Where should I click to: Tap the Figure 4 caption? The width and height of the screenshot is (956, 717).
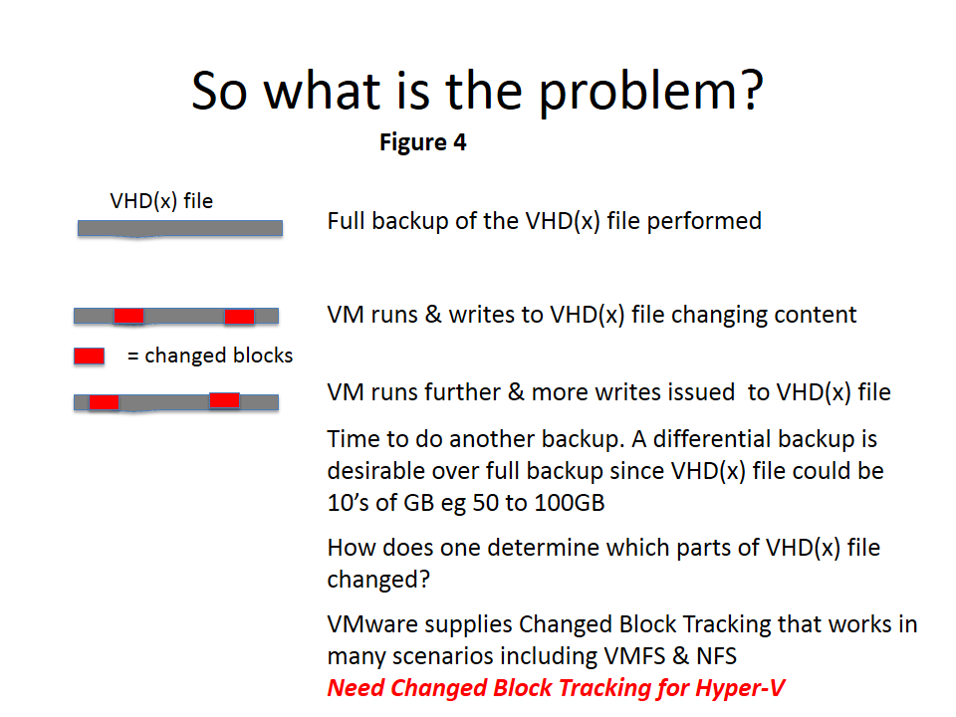[x=422, y=142]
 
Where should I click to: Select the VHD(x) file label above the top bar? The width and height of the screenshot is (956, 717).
[x=161, y=200]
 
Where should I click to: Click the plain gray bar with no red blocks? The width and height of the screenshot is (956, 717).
[x=180, y=229]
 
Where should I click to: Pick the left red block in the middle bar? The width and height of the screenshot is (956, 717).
[x=128, y=316]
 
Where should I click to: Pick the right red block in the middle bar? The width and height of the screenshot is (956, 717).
[x=239, y=317]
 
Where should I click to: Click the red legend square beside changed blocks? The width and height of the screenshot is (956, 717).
[x=89, y=357]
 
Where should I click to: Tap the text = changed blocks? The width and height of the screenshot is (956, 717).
[x=210, y=356]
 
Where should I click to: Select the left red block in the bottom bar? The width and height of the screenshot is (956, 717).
[x=104, y=402]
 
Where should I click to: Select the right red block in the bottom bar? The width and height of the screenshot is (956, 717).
[x=224, y=400]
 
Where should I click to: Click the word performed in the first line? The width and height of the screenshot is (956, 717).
[x=704, y=221]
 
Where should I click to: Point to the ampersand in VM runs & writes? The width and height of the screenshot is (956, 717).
[x=433, y=315]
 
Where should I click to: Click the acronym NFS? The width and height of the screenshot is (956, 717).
[x=716, y=656]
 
